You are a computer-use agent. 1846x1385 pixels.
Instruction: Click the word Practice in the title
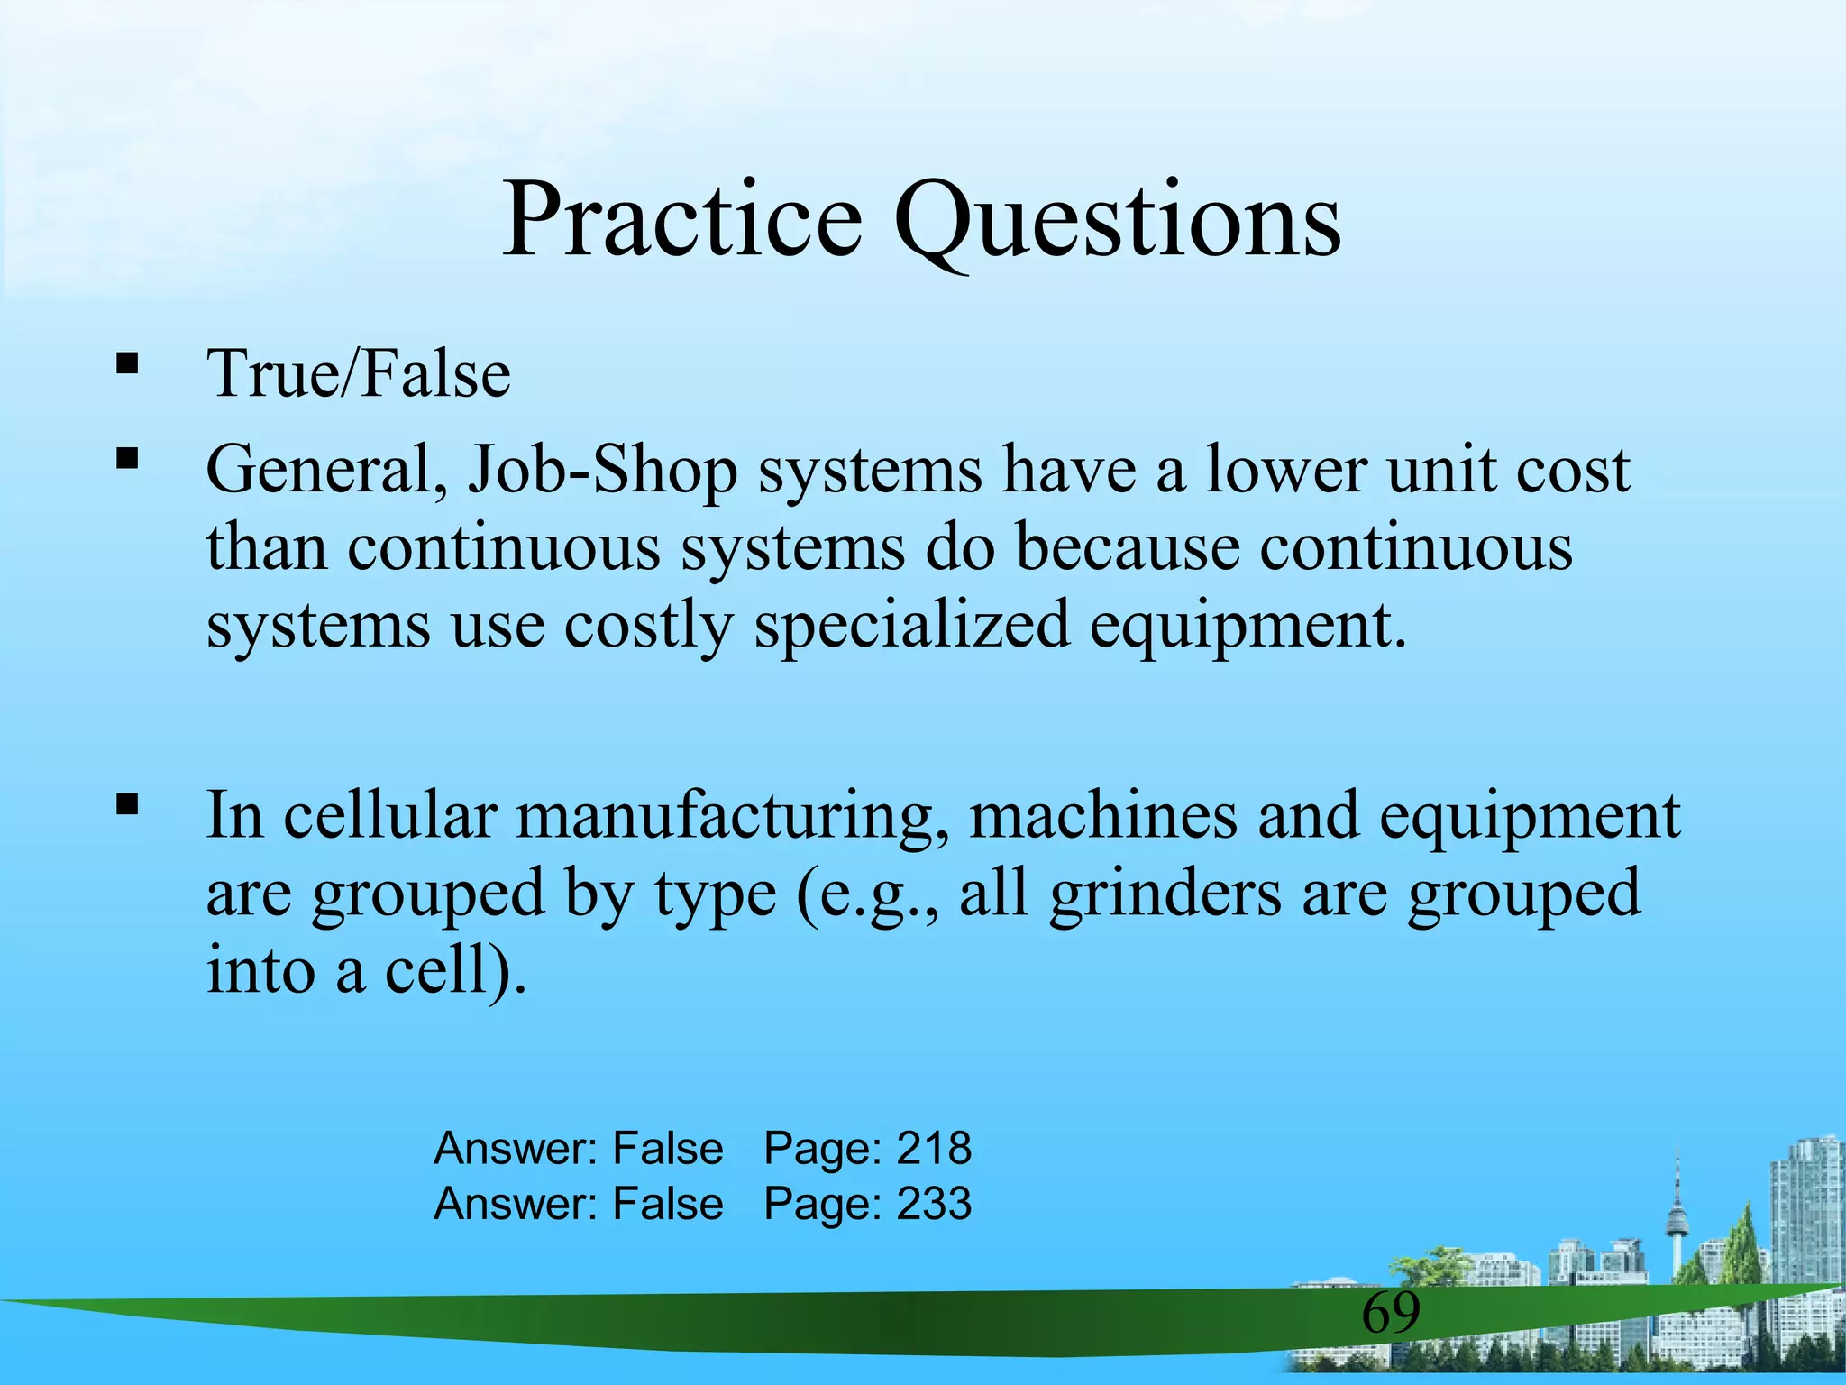(681, 221)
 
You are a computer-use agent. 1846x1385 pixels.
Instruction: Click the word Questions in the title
(1117, 221)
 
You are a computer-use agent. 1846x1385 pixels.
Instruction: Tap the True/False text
(359, 374)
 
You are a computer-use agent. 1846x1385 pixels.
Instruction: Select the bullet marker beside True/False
(127, 364)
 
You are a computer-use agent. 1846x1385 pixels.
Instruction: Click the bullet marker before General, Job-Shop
(127, 460)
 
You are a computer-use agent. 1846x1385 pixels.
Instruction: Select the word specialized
(911, 625)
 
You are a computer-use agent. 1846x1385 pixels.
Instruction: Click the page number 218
(934, 1149)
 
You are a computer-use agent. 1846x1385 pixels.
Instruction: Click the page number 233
(934, 1205)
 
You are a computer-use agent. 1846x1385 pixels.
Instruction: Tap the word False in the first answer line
(667, 1149)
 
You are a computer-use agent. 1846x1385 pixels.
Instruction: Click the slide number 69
(1390, 1313)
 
